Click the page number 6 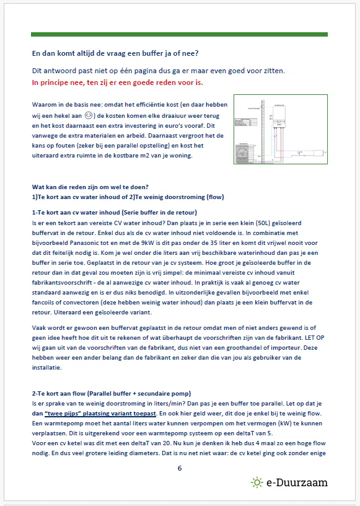coord(180,468)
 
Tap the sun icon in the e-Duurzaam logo coord(257,482)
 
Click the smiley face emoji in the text coord(89,115)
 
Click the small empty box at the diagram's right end coord(318,153)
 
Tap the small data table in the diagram coord(246,122)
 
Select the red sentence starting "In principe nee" coord(118,82)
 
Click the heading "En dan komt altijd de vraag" coord(115,53)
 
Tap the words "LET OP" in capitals coord(315,338)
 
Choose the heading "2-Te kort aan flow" coord(112,393)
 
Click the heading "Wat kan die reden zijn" coord(90,187)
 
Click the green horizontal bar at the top coord(179,34)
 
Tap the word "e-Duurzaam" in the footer coord(297,482)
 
